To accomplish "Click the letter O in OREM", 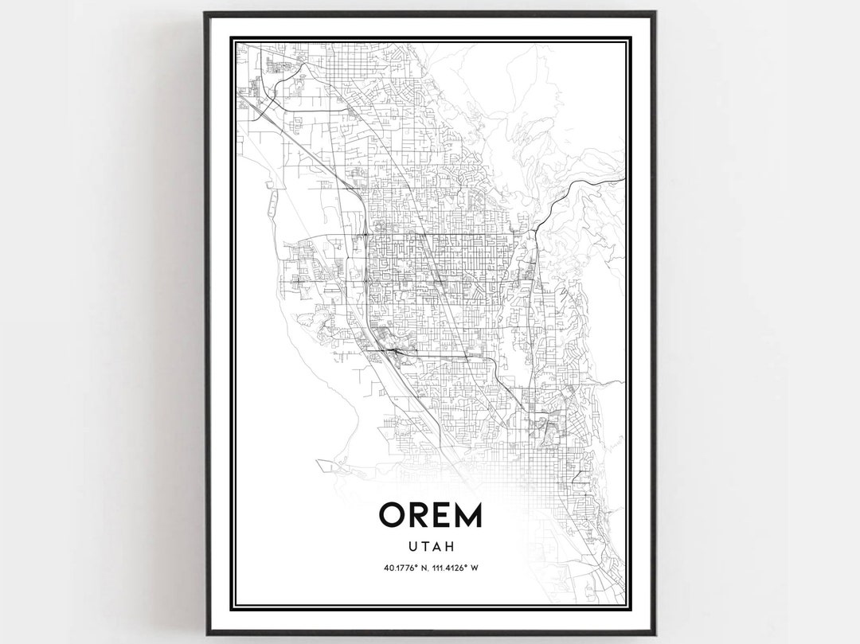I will pos(394,515).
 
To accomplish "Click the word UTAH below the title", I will pos(430,547).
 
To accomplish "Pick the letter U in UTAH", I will pos(413,547).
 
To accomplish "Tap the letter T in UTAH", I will pos(424,547).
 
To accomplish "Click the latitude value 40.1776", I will pos(397,568).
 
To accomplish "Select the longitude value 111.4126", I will pos(446,568).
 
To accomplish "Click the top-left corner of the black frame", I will pos(205,12).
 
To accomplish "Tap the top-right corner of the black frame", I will pos(655,12).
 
